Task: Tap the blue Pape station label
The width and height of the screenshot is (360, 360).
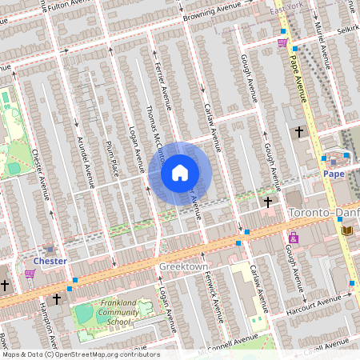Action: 333,172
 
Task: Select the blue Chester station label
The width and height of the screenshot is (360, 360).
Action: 50,261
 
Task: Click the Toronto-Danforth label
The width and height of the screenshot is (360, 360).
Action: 323,214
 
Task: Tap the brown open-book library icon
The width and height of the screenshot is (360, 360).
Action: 346,230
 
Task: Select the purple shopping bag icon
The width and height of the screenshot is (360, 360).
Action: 294,238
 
